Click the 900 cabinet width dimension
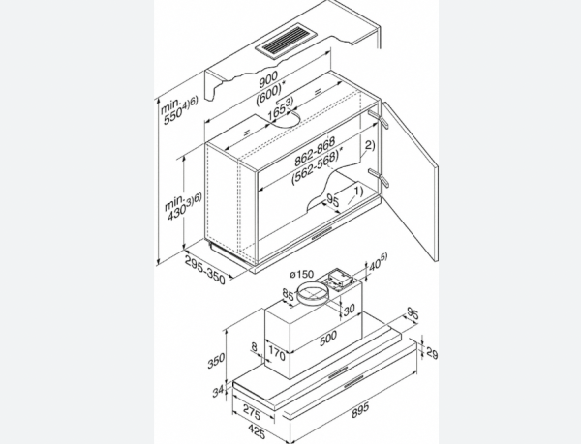[268, 77]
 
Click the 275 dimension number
[255, 411]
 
